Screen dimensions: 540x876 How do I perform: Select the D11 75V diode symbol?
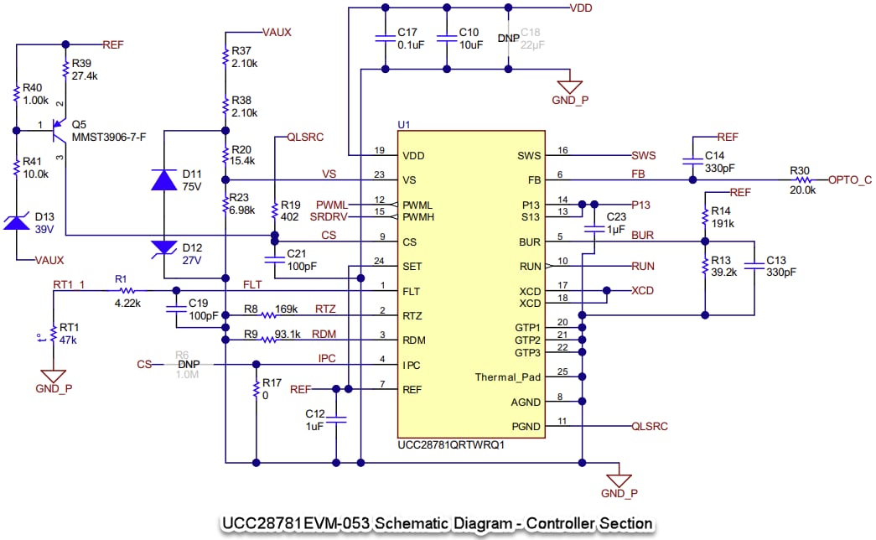click(163, 179)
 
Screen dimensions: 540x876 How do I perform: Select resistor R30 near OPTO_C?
click(802, 179)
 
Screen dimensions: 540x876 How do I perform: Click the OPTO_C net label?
click(850, 179)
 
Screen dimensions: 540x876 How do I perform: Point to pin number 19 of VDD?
click(379, 150)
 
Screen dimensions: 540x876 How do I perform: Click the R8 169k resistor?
click(268, 315)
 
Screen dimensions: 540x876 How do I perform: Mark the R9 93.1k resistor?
click(268, 340)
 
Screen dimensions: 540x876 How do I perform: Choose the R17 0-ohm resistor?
click(255, 389)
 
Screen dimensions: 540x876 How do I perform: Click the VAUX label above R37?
click(277, 32)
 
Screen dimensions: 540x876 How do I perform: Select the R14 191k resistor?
click(705, 218)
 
